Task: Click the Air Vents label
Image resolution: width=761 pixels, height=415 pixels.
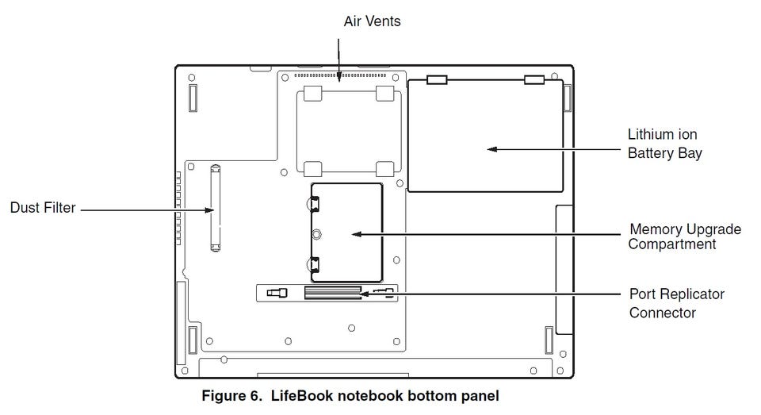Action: click(x=373, y=21)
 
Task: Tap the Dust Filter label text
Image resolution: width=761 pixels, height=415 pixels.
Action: click(x=43, y=208)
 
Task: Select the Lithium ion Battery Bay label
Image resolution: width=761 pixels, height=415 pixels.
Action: click(x=665, y=144)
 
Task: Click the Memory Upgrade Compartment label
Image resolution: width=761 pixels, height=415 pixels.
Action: click(x=685, y=236)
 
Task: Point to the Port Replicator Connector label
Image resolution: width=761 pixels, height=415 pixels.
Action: click(x=676, y=303)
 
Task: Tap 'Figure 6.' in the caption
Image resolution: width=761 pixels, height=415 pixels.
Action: click(x=232, y=396)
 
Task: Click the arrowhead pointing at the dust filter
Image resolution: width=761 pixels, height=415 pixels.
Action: click(x=208, y=210)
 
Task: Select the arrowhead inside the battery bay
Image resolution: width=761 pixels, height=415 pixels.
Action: click(x=492, y=149)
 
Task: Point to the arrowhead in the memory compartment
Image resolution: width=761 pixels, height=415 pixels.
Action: click(x=357, y=234)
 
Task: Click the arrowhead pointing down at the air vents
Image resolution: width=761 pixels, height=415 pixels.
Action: click(x=338, y=77)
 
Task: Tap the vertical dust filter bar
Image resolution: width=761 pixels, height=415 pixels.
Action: click(x=216, y=208)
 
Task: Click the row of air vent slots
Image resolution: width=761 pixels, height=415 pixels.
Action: click(x=340, y=75)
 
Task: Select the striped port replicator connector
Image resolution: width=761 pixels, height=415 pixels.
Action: click(x=333, y=293)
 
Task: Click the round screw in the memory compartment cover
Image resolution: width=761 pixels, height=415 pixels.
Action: click(x=316, y=235)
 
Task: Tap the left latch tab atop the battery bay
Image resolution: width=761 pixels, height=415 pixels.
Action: click(x=437, y=79)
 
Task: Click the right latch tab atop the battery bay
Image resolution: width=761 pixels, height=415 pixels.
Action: click(x=534, y=79)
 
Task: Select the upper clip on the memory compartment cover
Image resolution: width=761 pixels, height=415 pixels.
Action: click(x=314, y=203)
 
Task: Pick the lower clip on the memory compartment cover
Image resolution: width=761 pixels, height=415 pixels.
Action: click(x=314, y=265)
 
